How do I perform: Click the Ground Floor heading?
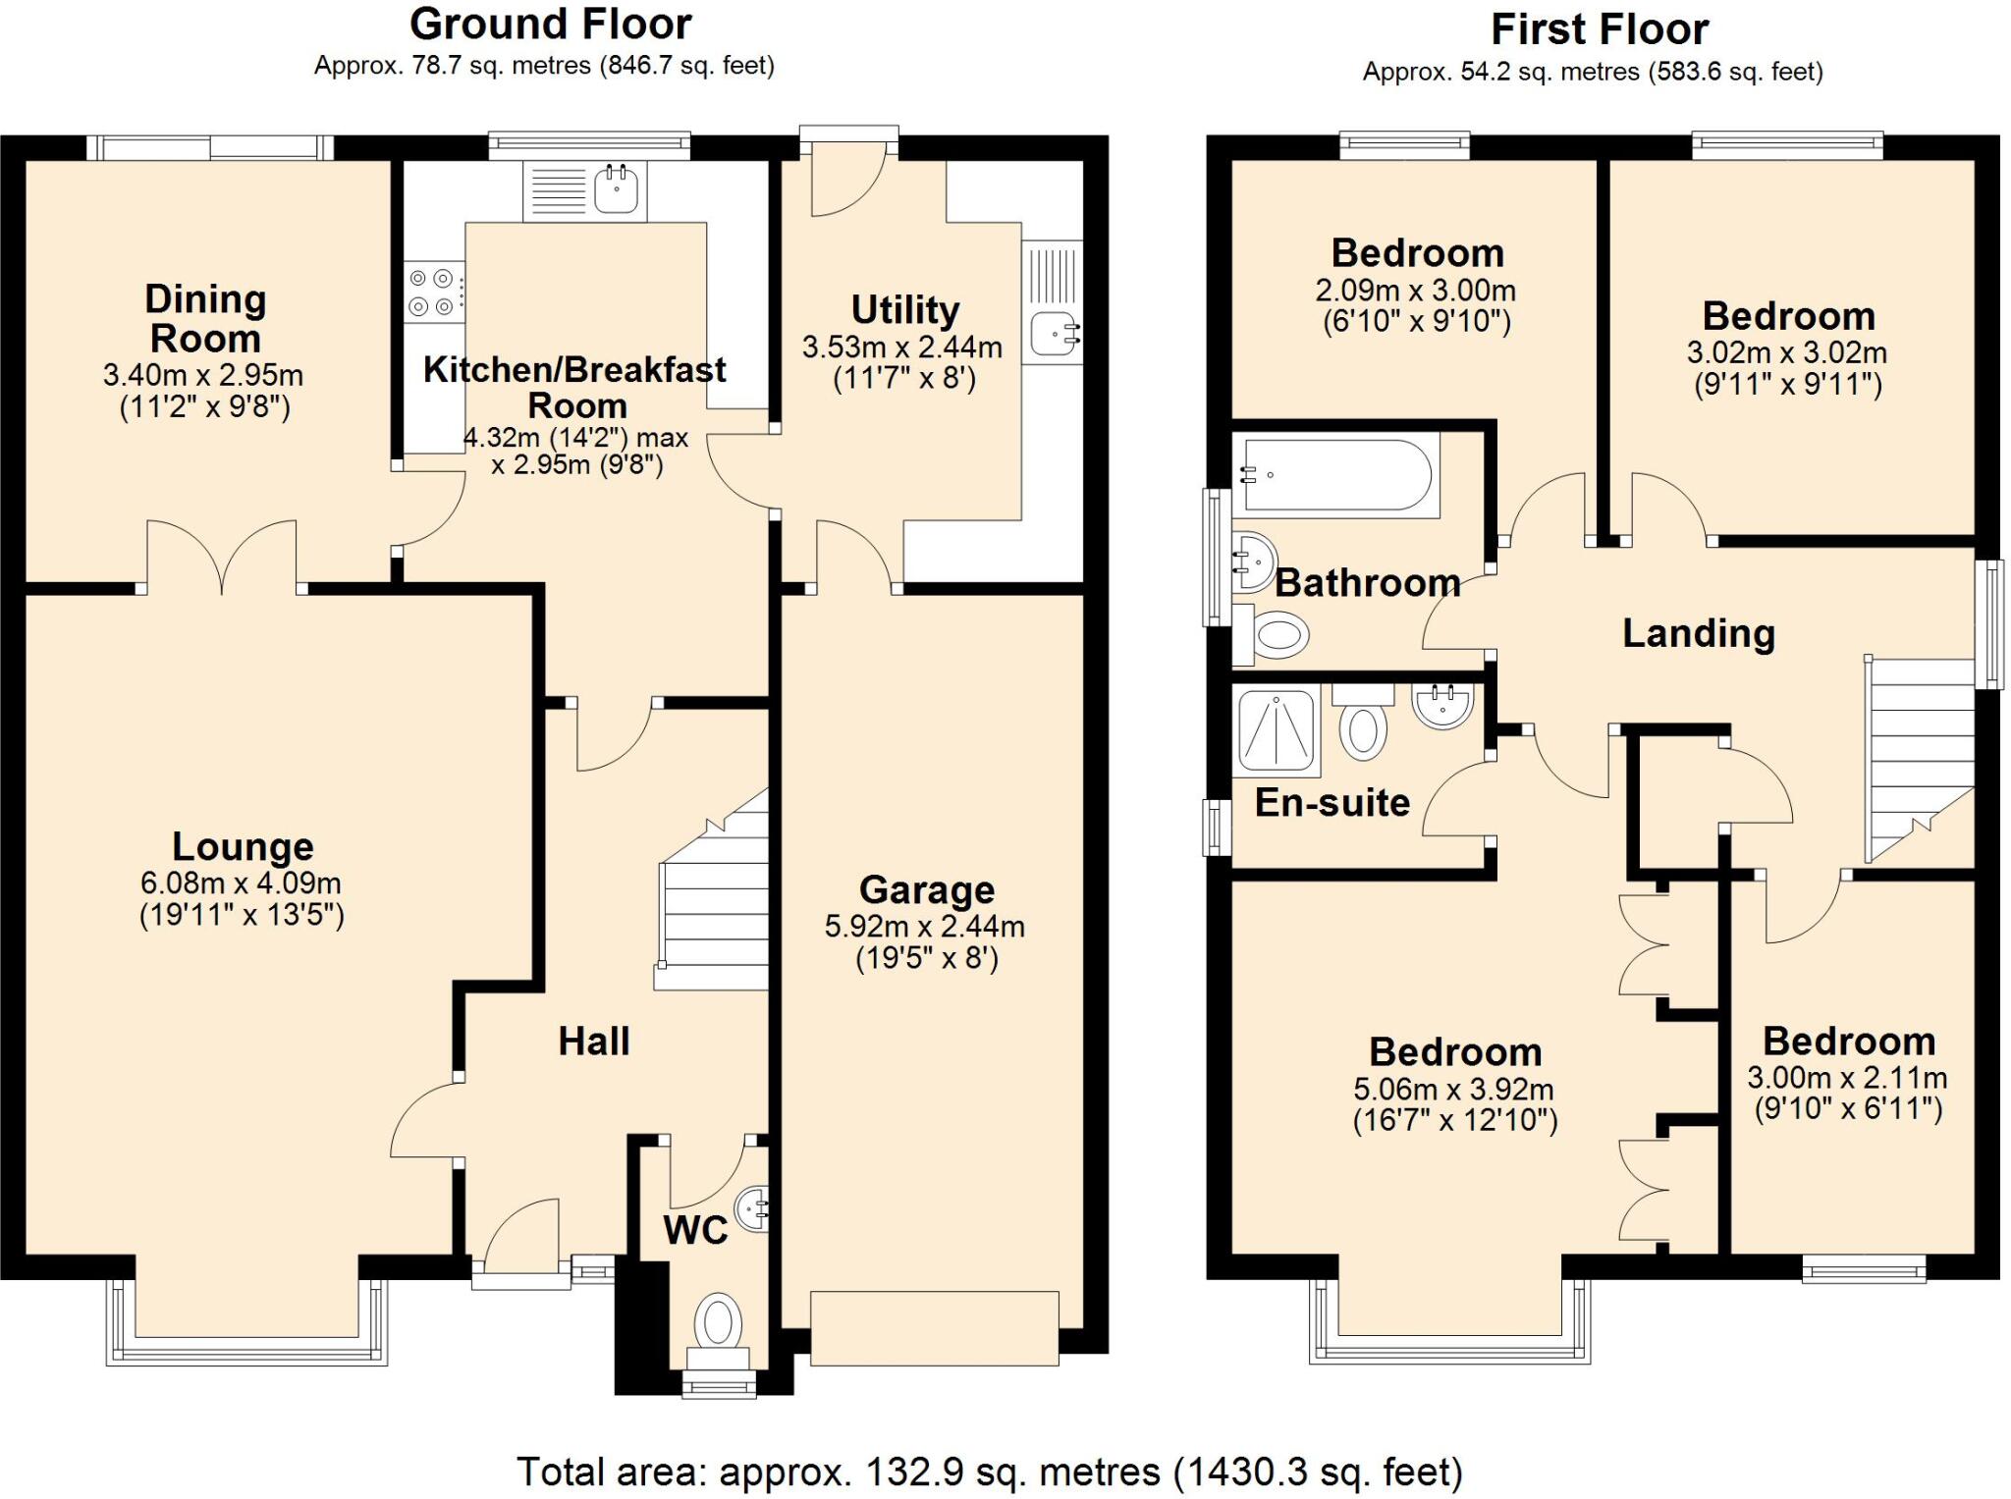[x=550, y=24]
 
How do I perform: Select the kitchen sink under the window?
[x=617, y=188]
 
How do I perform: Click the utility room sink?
[x=1055, y=334]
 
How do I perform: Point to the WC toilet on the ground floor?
[x=719, y=1321]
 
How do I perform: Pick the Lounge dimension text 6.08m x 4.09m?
[x=241, y=883]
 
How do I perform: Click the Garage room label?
[x=927, y=889]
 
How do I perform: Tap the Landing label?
[x=1698, y=633]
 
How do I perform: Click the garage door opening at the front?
[x=934, y=1328]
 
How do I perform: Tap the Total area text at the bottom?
[x=989, y=1471]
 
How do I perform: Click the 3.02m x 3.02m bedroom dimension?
[x=1786, y=352]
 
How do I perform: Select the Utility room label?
[x=904, y=310]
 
